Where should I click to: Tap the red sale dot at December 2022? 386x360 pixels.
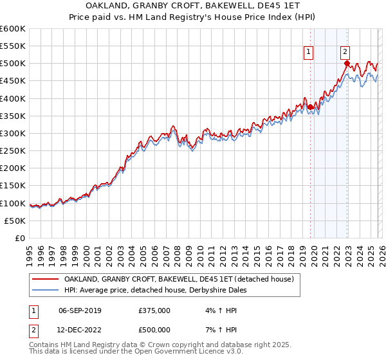(347, 64)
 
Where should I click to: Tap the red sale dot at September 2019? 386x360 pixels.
(310, 107)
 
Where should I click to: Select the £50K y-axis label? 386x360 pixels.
(15, 221)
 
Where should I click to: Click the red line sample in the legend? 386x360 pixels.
(45, 279)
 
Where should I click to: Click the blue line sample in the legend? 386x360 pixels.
(45, 290)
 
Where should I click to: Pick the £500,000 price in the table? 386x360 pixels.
(154, 331)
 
